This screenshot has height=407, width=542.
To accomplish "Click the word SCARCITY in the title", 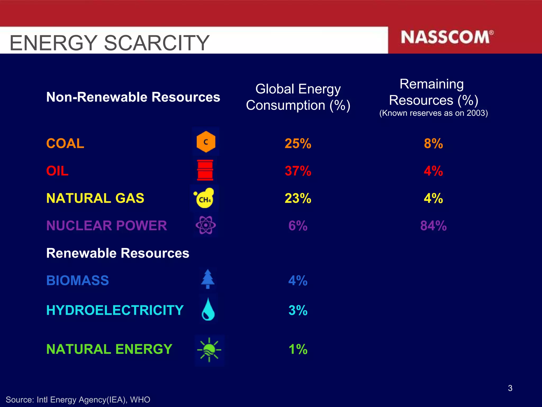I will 157,43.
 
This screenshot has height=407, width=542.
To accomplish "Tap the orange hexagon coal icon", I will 206,142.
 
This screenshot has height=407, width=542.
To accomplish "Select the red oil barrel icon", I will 205,170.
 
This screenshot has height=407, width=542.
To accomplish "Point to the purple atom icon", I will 206,225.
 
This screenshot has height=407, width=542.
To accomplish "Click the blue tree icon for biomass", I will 208,279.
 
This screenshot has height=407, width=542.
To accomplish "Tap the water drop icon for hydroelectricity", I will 208,309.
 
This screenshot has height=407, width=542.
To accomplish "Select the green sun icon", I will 209,350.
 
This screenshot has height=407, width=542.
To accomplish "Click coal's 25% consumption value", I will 298,144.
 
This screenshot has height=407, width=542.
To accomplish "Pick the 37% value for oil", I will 298,171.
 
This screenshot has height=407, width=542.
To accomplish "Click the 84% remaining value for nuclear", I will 433,226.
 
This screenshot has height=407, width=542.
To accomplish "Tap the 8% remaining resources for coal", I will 433,144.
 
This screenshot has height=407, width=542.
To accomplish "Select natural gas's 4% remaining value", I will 433,198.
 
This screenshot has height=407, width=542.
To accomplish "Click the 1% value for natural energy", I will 298,349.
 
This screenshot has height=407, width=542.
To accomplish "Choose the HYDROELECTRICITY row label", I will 115,310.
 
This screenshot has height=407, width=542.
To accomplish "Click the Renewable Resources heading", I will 118,253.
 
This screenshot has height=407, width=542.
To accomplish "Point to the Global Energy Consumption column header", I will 298,97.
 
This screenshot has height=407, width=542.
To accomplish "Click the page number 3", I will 510,388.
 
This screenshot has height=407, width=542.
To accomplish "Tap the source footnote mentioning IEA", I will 78,400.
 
